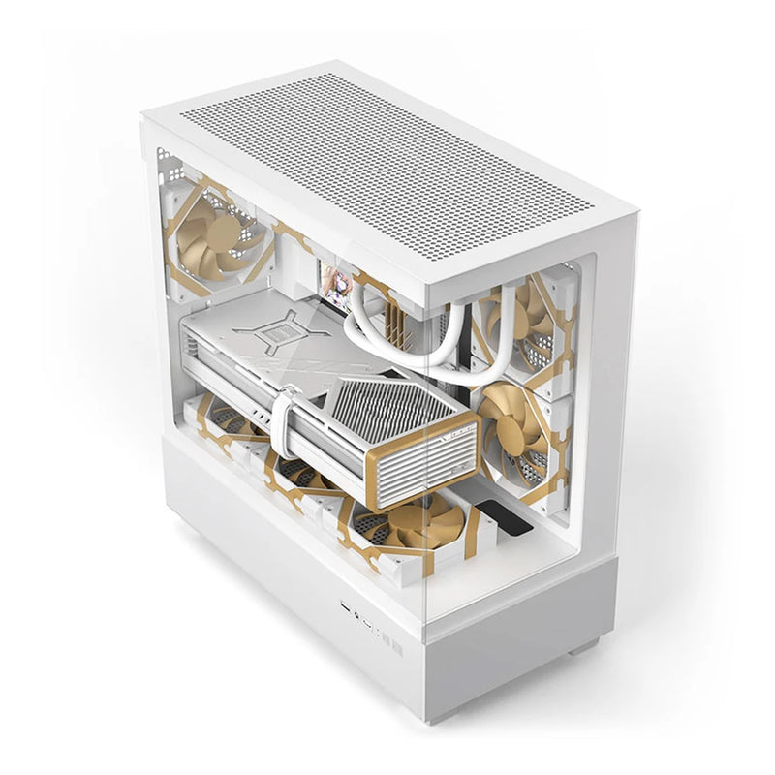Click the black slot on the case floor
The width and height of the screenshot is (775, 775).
[x=512, y=528]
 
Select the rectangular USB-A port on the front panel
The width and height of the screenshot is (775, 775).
[x=346, y=607]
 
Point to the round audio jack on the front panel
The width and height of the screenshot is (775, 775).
[x=358, y=614]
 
